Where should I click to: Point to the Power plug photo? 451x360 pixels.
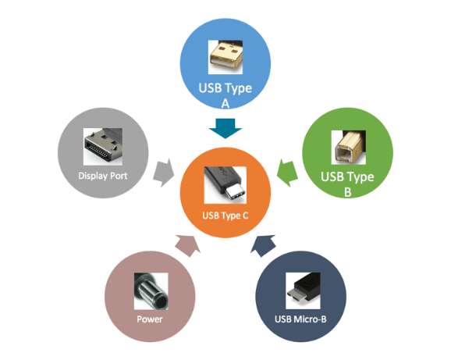click(149, 293)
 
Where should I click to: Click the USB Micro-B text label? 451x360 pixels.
click(300, 319)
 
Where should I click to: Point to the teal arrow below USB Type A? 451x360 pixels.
click(226, 127)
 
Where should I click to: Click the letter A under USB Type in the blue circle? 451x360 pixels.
click(226, 102)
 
